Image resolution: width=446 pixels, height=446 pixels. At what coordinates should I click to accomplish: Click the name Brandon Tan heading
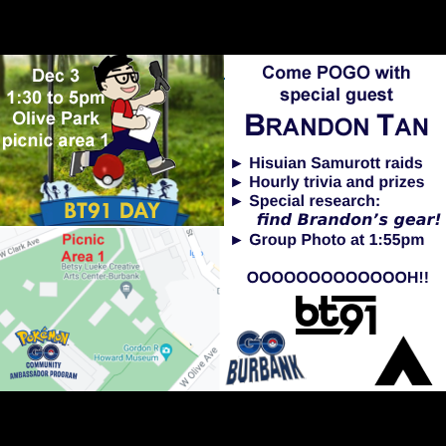(336, 126)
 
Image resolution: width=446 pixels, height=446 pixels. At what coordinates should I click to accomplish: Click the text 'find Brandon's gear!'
(348, 219)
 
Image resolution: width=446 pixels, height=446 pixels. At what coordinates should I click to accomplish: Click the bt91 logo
(335, 316)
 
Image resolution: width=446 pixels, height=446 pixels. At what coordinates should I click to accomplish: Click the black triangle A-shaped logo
(403, 360)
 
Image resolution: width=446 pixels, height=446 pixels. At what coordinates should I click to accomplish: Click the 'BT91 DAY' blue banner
(111, 210)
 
